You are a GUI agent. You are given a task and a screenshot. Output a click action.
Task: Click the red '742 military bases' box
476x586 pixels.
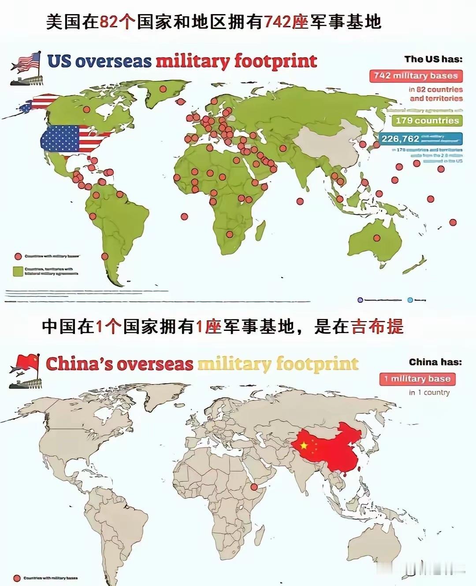(416, 76)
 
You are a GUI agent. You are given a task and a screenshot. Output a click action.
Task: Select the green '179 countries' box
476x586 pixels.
(427, 121)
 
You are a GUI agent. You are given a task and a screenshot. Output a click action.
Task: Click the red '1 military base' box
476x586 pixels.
(417, 379)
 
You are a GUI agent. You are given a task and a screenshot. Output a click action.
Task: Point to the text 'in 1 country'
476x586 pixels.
(429, 393)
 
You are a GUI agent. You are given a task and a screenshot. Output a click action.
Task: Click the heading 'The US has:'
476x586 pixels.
(433, 59)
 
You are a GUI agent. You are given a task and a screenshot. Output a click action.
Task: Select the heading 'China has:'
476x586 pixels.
(435, 362)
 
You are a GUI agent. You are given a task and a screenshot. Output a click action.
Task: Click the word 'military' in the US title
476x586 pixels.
(193, 61)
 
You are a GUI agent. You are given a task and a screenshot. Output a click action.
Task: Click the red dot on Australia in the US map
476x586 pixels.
(377, 238)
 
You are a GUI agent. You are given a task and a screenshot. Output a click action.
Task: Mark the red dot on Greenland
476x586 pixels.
(163, 89)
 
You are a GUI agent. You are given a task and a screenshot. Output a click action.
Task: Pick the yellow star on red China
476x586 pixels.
(304, 445)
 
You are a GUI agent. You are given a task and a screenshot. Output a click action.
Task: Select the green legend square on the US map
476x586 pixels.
(18, 271)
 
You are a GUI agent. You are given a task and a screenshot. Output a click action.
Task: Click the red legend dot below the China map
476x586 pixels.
(17, 578)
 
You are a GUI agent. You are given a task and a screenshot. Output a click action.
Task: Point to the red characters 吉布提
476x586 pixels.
(377, 327)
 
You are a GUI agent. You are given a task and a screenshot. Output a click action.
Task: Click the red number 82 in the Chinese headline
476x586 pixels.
(109, 22)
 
